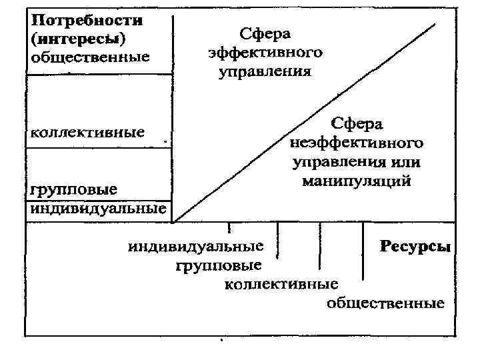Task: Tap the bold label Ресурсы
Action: point(415,247)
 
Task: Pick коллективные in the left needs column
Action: point(87,131)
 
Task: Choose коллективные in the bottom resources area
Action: point(281,285)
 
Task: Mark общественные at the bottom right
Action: point(385,304)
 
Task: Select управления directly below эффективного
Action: point(265,71)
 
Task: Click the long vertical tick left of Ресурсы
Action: point(363,251)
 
